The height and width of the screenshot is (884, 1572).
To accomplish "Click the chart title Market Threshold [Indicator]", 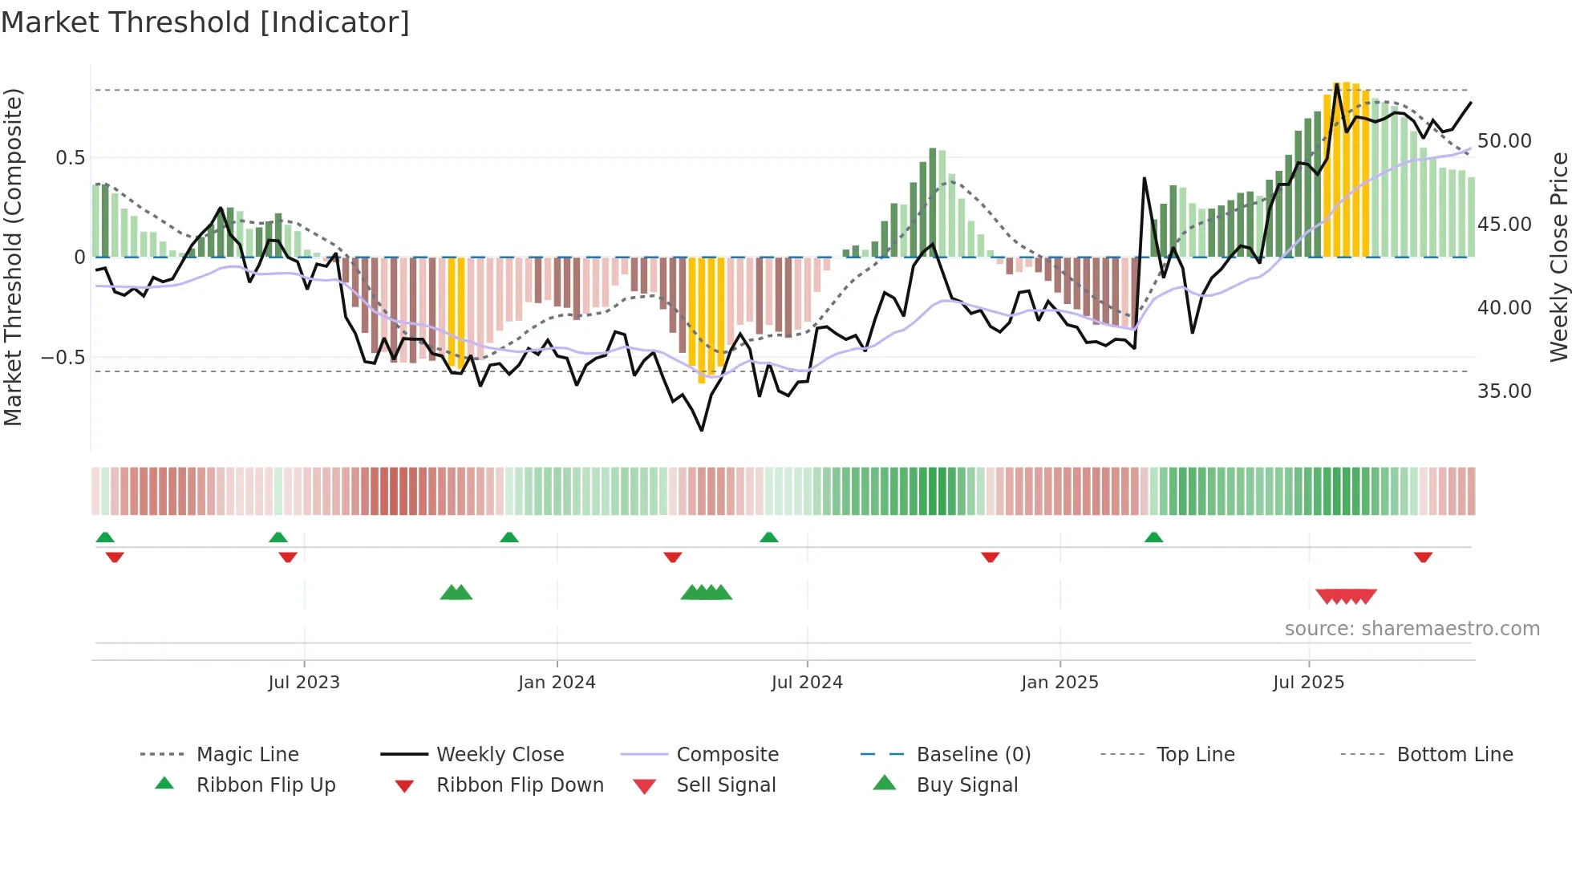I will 205,22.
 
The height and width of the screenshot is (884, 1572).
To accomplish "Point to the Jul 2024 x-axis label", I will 807,683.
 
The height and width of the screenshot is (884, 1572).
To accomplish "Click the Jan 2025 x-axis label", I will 1059,683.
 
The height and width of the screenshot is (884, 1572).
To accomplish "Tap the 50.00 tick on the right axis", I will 1504,141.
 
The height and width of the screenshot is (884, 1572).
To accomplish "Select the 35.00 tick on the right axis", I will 1504,391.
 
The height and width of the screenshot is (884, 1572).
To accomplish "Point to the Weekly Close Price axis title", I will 1558,257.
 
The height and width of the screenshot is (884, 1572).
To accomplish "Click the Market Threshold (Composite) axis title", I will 13,257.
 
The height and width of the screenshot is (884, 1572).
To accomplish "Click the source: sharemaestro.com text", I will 1412,629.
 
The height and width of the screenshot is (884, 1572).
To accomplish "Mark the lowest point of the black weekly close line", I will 702,431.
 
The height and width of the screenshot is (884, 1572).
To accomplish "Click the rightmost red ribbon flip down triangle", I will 1423,558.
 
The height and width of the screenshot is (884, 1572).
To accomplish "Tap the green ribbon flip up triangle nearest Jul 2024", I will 768,537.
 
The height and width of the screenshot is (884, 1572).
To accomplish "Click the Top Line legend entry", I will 1195,755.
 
